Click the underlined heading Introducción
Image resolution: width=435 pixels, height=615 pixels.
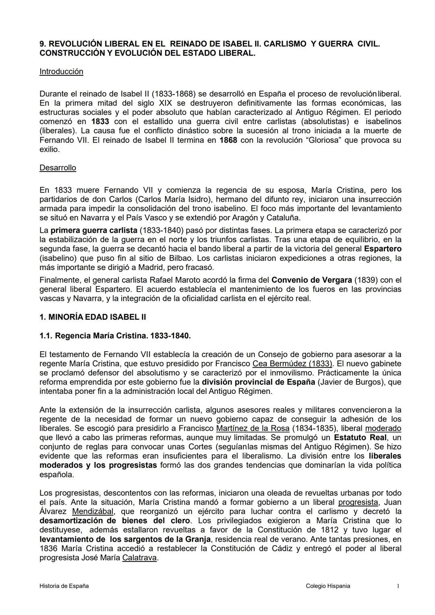61,72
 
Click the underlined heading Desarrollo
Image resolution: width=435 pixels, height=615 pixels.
58,168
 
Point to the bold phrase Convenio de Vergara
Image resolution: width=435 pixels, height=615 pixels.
311,280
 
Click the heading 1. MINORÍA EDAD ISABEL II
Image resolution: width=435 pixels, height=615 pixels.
93,317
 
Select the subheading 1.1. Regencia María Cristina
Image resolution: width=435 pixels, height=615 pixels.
115,336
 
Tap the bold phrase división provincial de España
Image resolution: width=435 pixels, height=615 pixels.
258,382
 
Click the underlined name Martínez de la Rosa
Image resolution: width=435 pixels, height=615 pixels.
253,429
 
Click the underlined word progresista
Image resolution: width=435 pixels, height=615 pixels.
358,503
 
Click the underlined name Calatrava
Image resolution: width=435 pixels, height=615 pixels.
139,558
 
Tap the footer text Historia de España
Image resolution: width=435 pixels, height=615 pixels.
64,586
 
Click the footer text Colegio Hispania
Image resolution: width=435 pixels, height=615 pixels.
328,586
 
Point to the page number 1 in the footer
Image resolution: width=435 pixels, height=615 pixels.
398,586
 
